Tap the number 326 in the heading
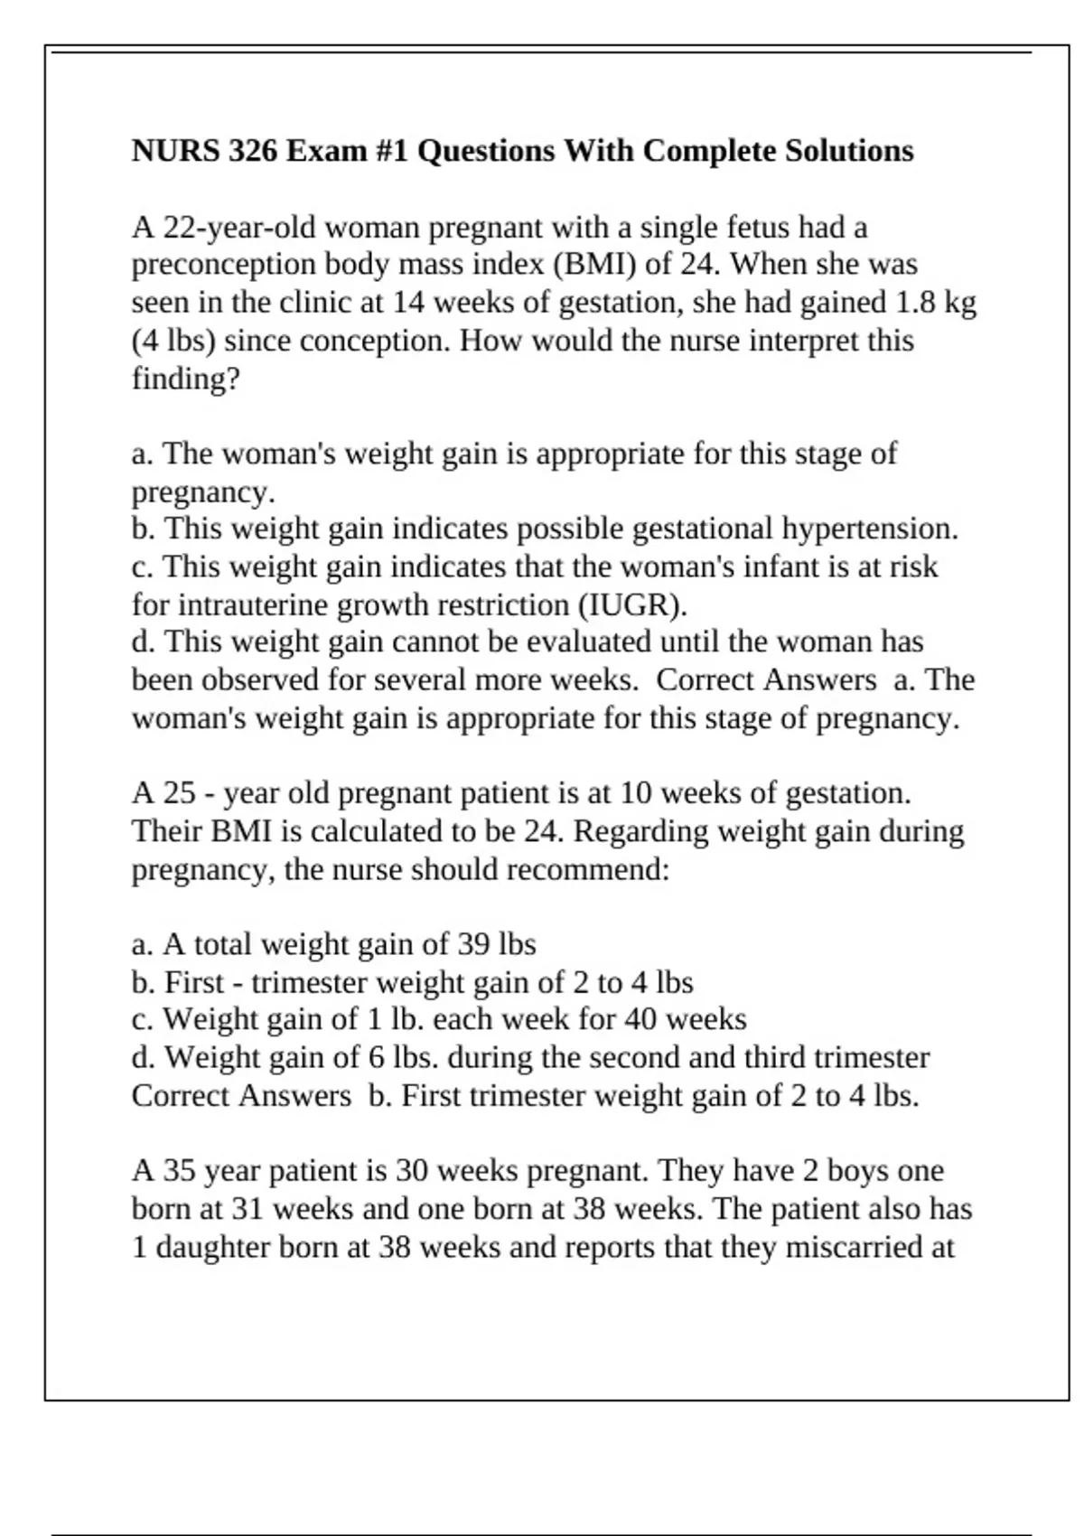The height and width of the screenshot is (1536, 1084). [x=253, y=150]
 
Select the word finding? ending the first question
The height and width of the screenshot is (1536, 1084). [x=186, y=379]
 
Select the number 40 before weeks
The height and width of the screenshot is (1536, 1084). [x=640, y=1020]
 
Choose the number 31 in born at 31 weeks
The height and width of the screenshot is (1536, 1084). [x=247, y=1210]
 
